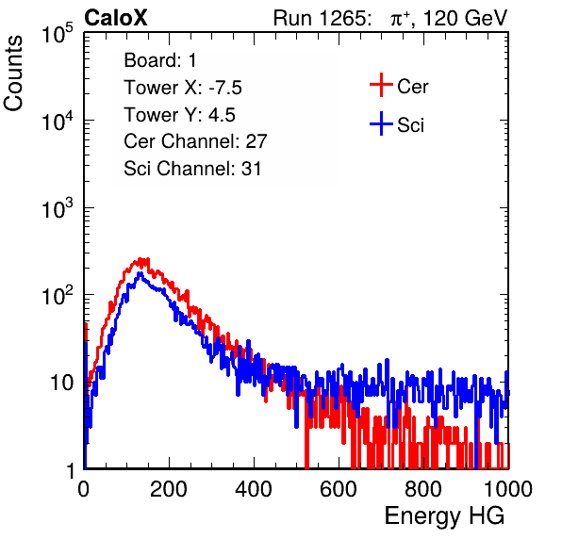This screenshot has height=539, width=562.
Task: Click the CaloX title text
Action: pos(115,18)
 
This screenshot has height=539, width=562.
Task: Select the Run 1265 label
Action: pos(322,18)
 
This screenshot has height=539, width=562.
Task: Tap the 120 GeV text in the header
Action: pos(465,18)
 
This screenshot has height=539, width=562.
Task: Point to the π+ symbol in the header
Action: pos(400,19)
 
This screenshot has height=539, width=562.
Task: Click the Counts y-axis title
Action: pos(13,73)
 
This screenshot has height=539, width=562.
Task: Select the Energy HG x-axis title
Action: pos(444,516)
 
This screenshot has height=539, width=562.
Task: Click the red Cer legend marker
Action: pos(381,85)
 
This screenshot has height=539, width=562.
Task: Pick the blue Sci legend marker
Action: pos(381,124)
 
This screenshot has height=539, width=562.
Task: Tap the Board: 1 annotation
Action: pos(160,60)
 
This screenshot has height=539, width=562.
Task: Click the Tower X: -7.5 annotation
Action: pos(183,88)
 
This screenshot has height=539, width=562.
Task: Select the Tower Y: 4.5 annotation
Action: pos(179,115)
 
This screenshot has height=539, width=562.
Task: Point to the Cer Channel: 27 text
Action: pos(195,141)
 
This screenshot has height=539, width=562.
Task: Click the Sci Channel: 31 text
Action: pos(192,169)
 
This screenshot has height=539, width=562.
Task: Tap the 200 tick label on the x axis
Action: pos(169,489)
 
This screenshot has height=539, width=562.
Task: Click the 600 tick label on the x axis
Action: pos(339,489)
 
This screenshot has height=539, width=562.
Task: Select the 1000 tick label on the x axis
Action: pos(508,489)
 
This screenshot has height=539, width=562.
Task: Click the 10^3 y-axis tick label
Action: pos(58,208)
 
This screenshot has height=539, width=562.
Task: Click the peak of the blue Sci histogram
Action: pos(140,273)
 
